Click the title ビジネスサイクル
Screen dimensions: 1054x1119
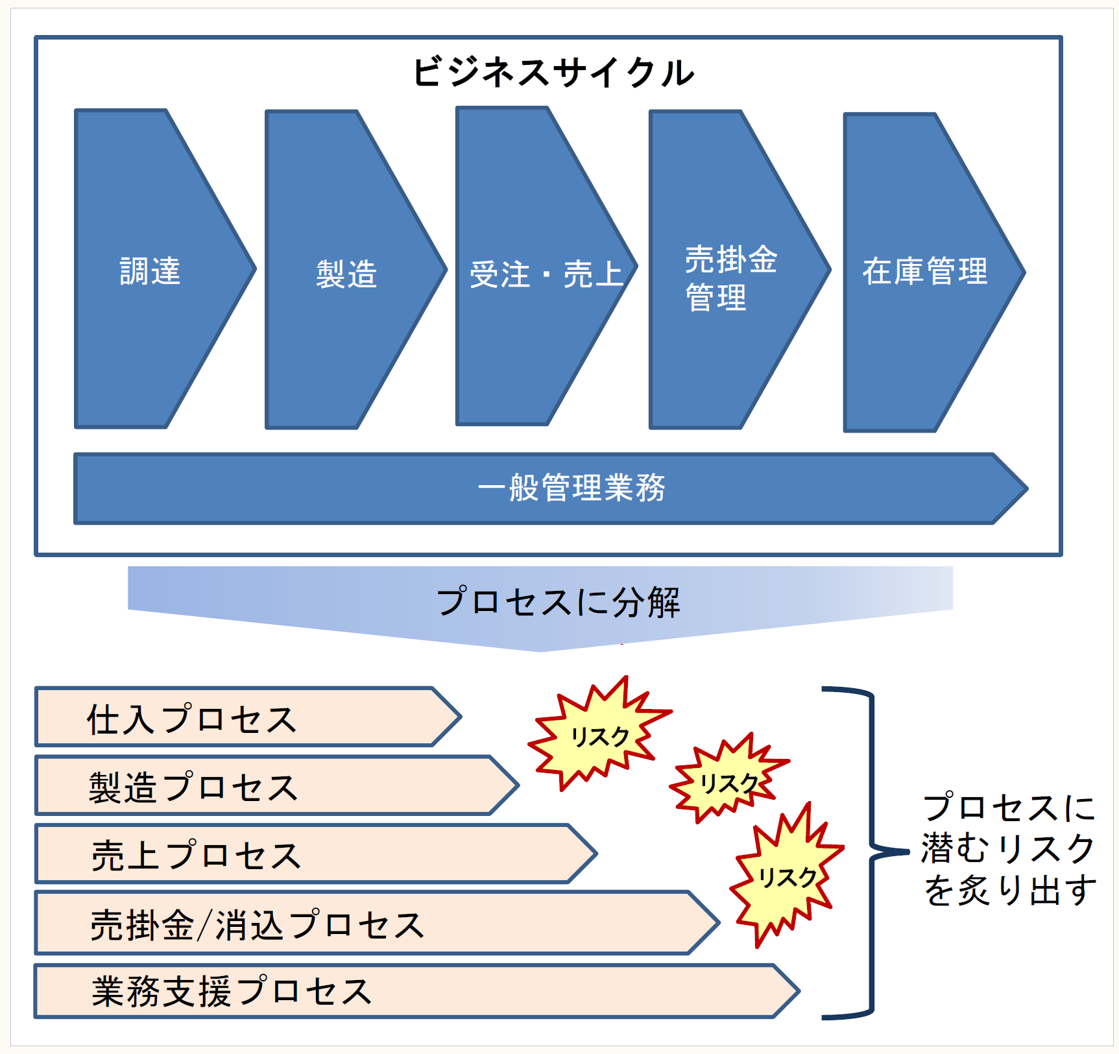coord(553,72)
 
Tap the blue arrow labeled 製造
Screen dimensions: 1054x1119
coord(346,272)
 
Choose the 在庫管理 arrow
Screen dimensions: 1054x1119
coord(925,271)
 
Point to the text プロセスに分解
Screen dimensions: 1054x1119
coord(558,602)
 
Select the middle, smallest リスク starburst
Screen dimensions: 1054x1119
coord(729,781)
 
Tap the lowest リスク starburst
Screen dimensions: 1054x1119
coord(787,876)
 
